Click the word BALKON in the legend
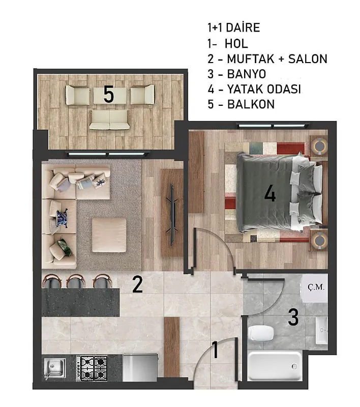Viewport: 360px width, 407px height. coord(251,104)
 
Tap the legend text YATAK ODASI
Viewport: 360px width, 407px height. coord(264,90)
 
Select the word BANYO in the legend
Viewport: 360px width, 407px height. coord(247,74)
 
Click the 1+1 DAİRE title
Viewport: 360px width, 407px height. coord(234,27)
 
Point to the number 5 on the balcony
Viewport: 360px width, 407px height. coord(109,95)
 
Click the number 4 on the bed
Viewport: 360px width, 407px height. coord(269,194)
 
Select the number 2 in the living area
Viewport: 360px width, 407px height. coord(137,284)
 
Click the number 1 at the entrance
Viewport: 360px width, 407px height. coord(215,350)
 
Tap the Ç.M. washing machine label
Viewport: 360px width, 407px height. coord(316,287)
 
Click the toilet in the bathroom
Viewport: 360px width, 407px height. coord(261,333)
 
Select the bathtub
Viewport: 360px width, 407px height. coord(275,366)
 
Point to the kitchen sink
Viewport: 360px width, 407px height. coord(54,368)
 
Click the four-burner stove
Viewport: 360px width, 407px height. coord(92,368)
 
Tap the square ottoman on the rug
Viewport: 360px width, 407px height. coord(109,235)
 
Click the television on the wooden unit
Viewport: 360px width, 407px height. coord(172,215)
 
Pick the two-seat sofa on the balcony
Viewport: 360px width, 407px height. coord(109,120)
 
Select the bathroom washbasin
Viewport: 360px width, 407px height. coord(322,330)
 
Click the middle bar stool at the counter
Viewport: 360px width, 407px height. coord(76,281)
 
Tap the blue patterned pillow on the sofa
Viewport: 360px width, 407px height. coord(62,218)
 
